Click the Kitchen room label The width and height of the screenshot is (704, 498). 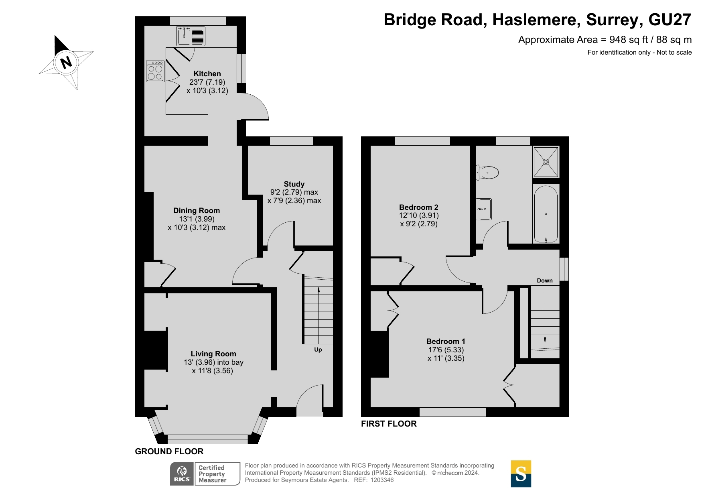point(207,74)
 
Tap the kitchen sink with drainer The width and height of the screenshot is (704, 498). point(191,36)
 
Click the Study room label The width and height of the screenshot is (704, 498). point(294,184)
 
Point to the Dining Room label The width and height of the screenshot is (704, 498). point(197,211)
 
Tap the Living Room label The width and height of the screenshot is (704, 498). point(213,354)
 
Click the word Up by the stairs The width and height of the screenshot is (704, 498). point(318,350)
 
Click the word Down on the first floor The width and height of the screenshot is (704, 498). point(545,281)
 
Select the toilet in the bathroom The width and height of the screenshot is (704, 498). point(487,173)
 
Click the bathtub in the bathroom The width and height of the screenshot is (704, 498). point(546,214)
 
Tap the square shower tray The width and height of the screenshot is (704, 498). point(546,162)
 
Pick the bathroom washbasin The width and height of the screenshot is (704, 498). point(484,209)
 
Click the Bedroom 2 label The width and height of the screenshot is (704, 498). point(419,207)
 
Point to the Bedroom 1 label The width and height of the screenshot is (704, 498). point(446,341)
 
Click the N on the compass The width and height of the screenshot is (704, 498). point(66,63)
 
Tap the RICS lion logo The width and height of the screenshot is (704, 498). point(182,474)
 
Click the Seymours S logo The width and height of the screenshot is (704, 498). point(521,474)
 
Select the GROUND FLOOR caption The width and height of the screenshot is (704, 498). point(169,451)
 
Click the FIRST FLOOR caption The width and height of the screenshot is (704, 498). point(389,424)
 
